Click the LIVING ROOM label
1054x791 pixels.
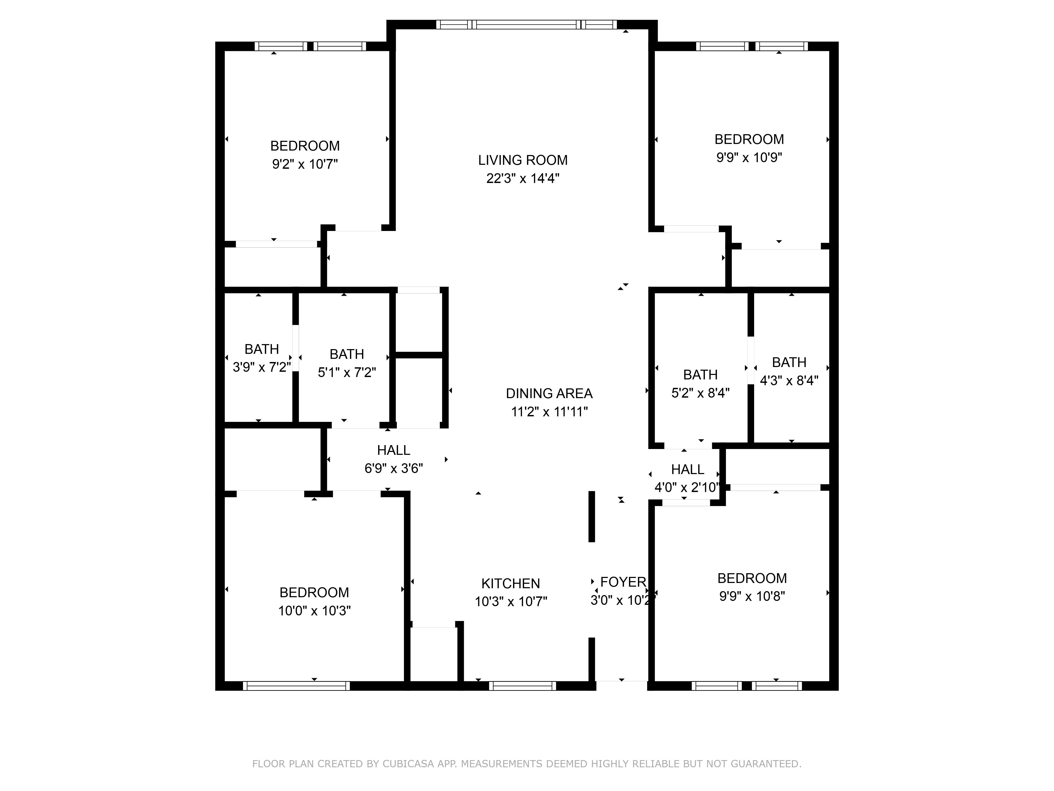(x=523, y=160)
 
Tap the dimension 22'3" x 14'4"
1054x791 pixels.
(x=523, y=178)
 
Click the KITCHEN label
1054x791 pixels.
(x=510, y=583)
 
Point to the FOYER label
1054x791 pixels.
(x=623, y=582)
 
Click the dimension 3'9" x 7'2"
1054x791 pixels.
(x=262, y=367)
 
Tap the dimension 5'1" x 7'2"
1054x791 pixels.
(x=347, y=372)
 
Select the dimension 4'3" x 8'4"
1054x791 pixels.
(x=789, y=380)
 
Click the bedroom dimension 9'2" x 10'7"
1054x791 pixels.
(x=305, y=164)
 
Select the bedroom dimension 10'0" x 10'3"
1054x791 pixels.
(x=314, y=611)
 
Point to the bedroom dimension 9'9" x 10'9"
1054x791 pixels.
(x=749, y=157)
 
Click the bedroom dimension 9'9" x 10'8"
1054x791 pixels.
(x=752, y=596)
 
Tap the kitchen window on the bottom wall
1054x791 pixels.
(x=522, y=686)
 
